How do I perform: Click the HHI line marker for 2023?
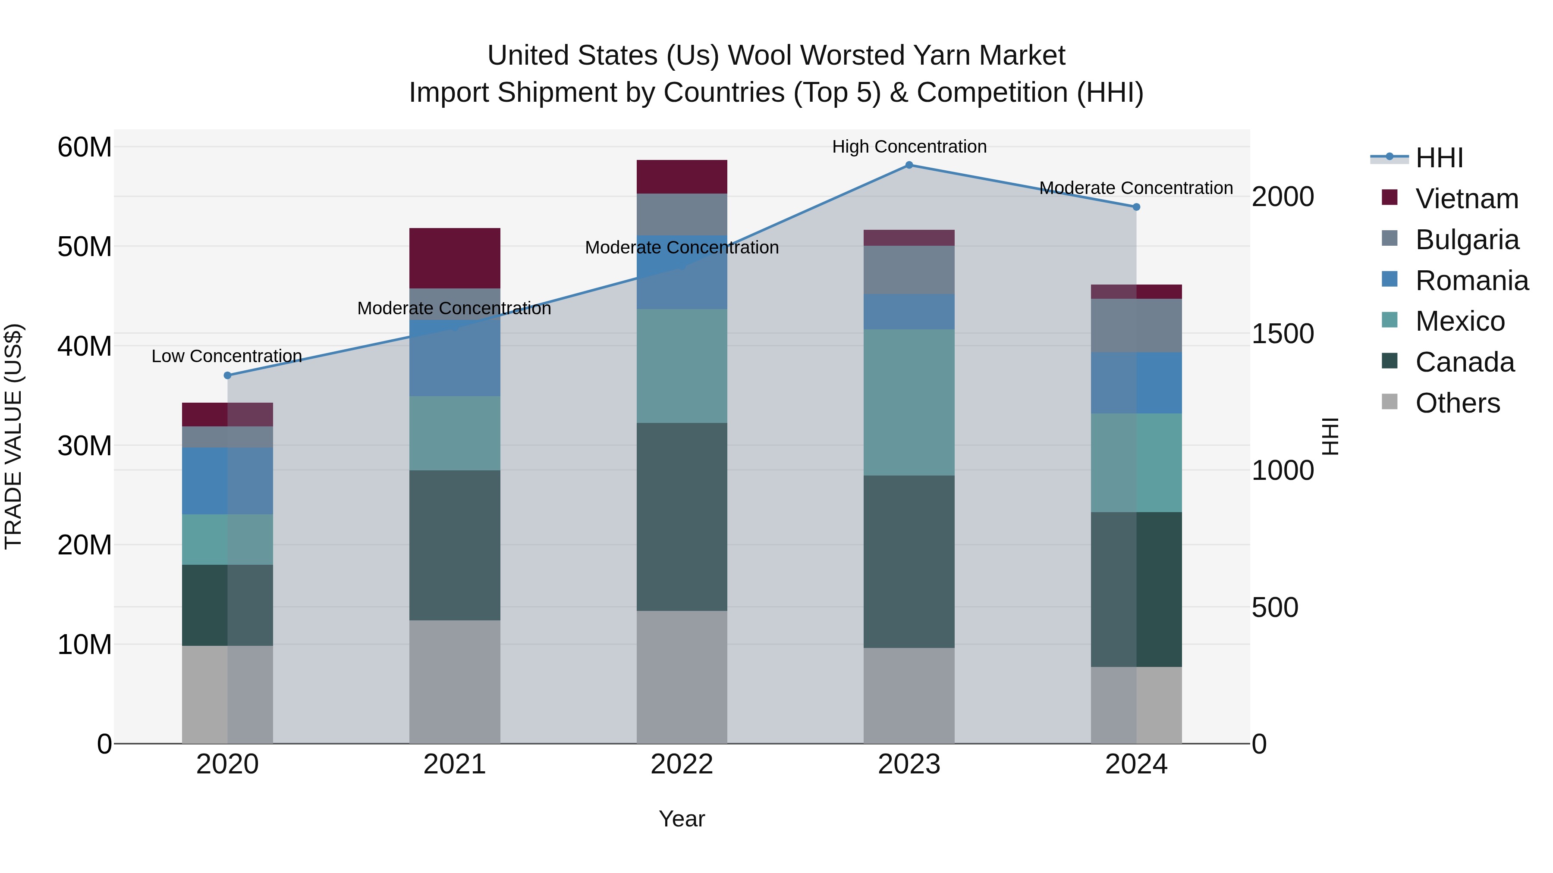pos(909,165)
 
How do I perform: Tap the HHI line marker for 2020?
pos(227,375)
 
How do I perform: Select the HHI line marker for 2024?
pos(1136,207)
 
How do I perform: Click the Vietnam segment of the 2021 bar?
pos(455,258)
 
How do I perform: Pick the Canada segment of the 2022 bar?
pos(682,516)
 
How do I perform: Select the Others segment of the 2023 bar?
pos(909,695)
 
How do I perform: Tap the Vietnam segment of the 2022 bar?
pos(682,176)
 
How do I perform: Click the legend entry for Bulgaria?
pos(1466,240)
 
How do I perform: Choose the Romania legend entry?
pos(1471,281)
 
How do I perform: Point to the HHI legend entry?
pos(1438,158)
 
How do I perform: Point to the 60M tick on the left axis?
pos(85,147)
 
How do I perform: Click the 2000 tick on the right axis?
pos(1283,197)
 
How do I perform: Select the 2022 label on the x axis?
pos(682,764)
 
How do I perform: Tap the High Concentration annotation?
pos(909,147)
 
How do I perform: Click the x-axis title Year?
pos(682,819)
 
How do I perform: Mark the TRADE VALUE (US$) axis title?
pos(13,436)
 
